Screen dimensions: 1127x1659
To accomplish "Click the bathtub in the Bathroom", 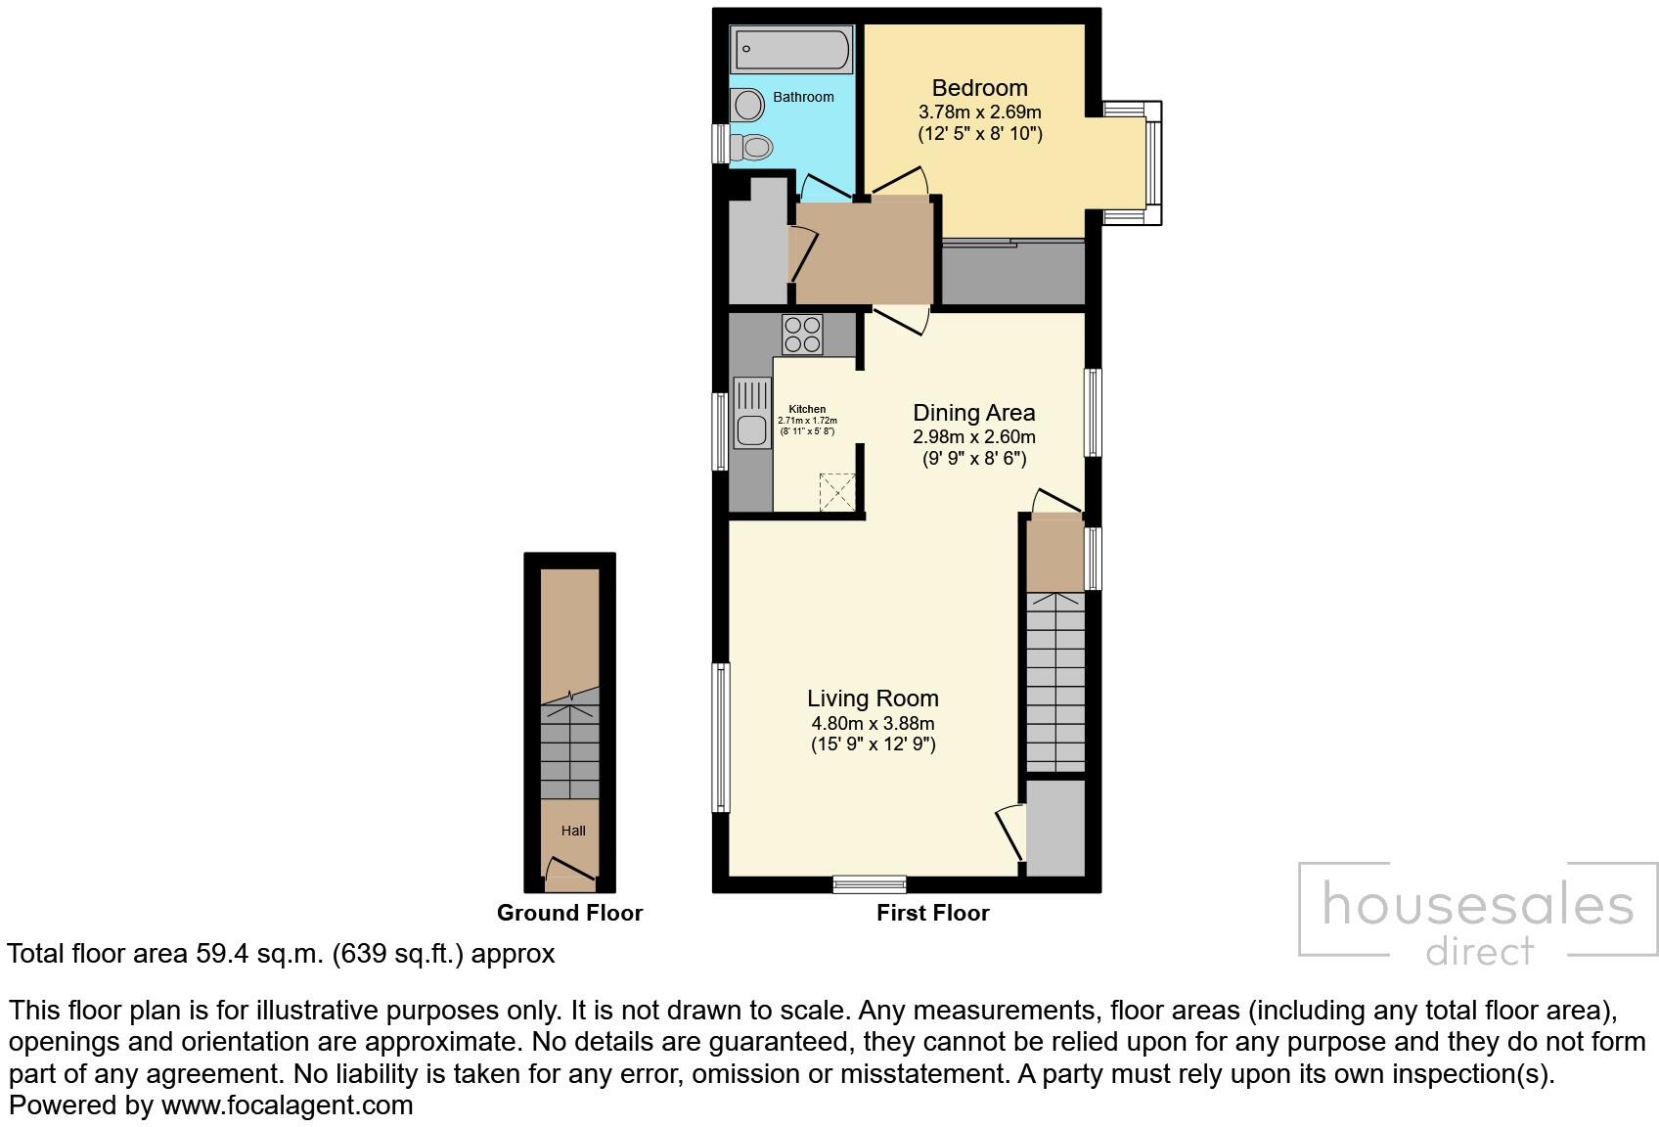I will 792,50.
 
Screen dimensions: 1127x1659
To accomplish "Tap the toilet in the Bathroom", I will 755,148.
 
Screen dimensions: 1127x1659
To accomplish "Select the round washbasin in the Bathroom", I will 749,104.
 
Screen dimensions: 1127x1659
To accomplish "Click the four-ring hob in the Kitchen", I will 802,335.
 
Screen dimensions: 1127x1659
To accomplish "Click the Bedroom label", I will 979,88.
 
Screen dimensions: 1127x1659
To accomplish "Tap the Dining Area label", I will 973,413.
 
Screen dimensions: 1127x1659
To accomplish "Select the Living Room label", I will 873,699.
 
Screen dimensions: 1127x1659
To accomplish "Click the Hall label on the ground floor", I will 573,831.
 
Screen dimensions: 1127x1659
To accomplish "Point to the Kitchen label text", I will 807,409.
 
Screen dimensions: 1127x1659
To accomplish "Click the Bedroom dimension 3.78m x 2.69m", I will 979,113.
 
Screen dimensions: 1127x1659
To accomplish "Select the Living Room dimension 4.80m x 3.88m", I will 873,724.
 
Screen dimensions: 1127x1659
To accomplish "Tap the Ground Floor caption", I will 569,913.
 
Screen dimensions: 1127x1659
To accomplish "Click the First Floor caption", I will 932,913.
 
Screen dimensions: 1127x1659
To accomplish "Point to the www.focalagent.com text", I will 287,1105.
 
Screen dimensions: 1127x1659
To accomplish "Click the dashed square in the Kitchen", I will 837,491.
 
